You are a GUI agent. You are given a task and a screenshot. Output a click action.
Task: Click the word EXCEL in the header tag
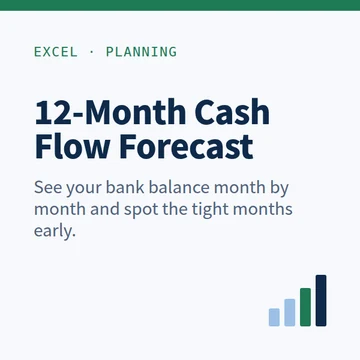[56, 52]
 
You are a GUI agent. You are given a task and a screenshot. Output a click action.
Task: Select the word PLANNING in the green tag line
[141, 52]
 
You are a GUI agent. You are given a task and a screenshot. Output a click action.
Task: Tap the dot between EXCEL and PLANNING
[92, 52]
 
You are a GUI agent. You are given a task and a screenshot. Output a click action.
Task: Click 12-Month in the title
[110, 112]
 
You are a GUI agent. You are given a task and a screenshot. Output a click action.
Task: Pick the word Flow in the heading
[73, 146]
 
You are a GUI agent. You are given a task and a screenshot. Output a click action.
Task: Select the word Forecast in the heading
[186, 146]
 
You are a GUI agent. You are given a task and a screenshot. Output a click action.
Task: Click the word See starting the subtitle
[48, 188]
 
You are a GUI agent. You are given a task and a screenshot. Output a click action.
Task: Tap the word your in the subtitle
[84, 190]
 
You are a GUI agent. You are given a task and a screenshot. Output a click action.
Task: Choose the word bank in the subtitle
[126, 187]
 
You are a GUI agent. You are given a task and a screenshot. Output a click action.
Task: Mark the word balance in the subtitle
[179, 187]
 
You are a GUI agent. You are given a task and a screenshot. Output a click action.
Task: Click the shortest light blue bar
[274, 317]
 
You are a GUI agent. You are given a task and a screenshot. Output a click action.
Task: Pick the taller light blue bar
[290, 312]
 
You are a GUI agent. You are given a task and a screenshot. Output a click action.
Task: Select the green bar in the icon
[305, 307]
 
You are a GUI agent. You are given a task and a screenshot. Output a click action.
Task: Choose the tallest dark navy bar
[321, 300]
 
